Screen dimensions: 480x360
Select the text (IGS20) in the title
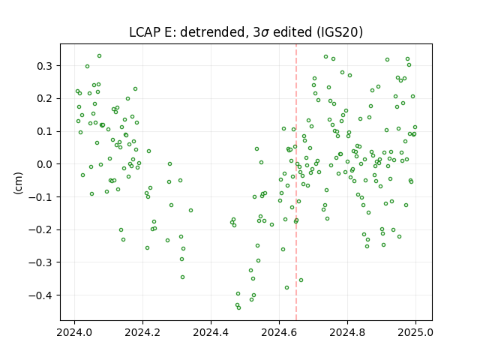click(340, 32)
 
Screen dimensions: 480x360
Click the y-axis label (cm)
click(18, 183)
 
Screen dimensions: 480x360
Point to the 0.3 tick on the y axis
click(45, 66)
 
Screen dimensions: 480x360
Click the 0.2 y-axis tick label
click(45, 99)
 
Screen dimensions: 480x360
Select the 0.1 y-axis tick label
click(45, 132)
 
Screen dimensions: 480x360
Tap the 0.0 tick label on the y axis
click(45, 164)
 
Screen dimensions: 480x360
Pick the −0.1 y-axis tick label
click(41, 197)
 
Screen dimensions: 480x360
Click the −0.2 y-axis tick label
click(41, 230)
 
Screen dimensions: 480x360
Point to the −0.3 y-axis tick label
click(41, 262)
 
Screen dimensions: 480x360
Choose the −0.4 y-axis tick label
click(41, 295)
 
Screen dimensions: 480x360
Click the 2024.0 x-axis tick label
click(74, 332)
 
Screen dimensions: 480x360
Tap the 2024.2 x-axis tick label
click(142, 332)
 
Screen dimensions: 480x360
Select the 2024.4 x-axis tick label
click(211, 332)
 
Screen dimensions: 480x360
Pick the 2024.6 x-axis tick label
click(279, 332)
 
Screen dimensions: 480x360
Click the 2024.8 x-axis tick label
click(347, 332)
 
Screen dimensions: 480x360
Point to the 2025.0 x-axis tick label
click(415, 332)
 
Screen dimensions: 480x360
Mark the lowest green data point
click(238, 308)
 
